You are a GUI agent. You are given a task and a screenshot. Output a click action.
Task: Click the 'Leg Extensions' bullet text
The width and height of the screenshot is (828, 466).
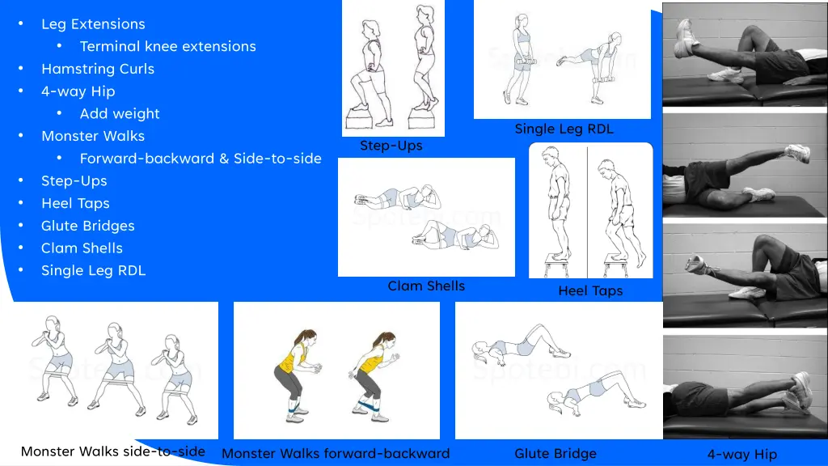point(93,23)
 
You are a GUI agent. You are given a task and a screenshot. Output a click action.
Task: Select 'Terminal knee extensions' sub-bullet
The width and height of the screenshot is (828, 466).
point(168,46)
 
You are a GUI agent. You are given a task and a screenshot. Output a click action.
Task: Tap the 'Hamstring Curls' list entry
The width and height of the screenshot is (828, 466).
point(98,69)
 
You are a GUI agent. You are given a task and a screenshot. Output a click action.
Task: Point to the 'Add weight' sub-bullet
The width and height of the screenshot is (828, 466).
point(120,113)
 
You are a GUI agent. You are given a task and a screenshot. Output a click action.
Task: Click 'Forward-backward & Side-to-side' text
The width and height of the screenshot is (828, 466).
point(201,159)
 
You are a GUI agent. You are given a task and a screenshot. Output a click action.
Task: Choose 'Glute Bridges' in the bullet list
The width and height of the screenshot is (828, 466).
point(87,226)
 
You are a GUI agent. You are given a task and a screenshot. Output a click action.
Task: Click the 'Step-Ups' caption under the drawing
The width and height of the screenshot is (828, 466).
point(391,146)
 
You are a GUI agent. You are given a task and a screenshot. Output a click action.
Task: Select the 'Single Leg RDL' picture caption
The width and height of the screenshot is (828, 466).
point(564,129)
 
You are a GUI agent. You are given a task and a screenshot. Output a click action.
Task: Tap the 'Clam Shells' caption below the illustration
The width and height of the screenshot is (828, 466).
point(426,286)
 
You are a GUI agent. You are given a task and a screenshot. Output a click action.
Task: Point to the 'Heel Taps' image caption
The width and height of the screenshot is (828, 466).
point(590,290)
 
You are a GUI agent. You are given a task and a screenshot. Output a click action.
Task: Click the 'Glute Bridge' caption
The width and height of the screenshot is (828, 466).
point(556,453)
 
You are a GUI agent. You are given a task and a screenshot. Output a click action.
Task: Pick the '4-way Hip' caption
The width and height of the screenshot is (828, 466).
point(742,454)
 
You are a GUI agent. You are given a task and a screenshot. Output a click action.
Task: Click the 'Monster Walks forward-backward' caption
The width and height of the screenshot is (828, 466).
point(336,453)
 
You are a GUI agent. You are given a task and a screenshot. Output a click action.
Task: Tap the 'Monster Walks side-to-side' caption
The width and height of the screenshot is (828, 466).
point(113,451)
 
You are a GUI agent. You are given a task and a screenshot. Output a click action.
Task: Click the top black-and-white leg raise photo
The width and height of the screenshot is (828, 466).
point(745,55)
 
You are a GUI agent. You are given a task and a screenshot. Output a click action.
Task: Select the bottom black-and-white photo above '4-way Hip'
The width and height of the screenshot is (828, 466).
point(745,387)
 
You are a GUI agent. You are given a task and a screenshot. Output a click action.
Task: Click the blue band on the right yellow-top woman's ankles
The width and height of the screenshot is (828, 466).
point(368,406)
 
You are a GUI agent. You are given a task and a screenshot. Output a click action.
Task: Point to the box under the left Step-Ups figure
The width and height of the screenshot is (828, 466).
point(361,120)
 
